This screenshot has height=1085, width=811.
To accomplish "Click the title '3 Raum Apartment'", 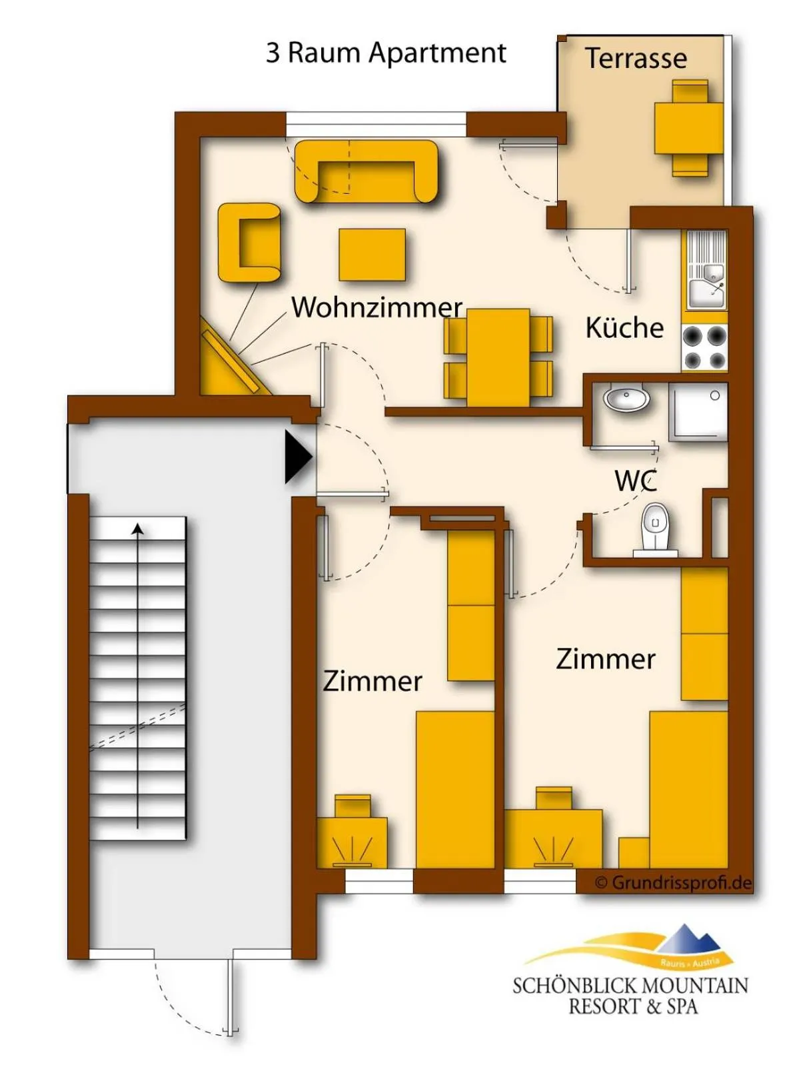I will pyautogui.click(x=386, y=53).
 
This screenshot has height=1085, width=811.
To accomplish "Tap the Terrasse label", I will pyautogui.click(x=636, y=59).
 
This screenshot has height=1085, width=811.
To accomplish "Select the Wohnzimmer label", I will pyautogui.click(x=377, y=307).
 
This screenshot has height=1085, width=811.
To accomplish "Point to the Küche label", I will pyautogui.click(x=624, y=328).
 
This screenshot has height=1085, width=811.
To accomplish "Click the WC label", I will pyautogui.click(x=636, y=481).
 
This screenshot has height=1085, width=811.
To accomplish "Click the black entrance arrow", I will pyautogui.click(x=298, y=457).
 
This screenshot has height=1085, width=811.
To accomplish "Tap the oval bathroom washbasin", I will pyautogui.click(x=626, y=399).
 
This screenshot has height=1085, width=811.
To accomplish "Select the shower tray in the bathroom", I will pyautogui.click(x=698, y=412).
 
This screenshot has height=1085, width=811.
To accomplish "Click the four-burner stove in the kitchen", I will pyautogui.click(x=704, y=348).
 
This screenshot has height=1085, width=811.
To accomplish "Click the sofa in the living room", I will pyautogui.click(x=367, y=172).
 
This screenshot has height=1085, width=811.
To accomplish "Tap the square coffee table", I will pyautogui.click(x=372, y=255).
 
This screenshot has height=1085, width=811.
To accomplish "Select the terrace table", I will pyautogui.click(x=689, y=128).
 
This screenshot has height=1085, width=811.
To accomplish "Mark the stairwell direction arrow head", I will pyautogui.click(x=138, y=529).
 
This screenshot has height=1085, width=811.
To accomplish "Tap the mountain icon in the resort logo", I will pyautogui.click(x=688, y=941).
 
